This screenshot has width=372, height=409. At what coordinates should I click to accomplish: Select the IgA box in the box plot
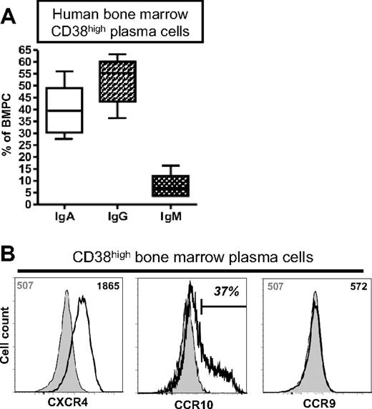click(x=104, y=110)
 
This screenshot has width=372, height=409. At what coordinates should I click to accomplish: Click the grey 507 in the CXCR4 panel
click(x=45, y=286)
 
